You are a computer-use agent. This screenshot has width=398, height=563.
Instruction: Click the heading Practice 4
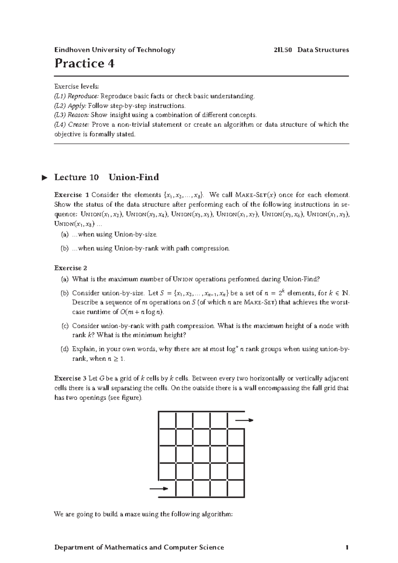(x=85, y=63)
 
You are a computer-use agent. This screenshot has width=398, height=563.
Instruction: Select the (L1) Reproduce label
(x=76, y=96)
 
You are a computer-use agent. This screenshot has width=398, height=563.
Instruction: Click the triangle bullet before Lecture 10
(x=45, y=178)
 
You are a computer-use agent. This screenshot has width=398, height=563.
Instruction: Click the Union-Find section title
(x=134, y=177)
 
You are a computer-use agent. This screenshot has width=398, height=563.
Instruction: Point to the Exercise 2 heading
(x=70, y=268)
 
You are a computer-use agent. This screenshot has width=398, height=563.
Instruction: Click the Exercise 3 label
(x=70, y=378)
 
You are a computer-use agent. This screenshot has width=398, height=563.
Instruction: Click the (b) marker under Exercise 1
(x=64, y=248)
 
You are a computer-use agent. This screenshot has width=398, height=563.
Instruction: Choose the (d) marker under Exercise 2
(x=64, y=349)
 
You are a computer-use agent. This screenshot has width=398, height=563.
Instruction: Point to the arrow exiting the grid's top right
(x=244, y=420)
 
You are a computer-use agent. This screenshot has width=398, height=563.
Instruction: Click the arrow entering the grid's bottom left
(x=159, y=489)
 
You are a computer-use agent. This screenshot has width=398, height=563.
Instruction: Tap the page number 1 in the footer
(x=347, y=547)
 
